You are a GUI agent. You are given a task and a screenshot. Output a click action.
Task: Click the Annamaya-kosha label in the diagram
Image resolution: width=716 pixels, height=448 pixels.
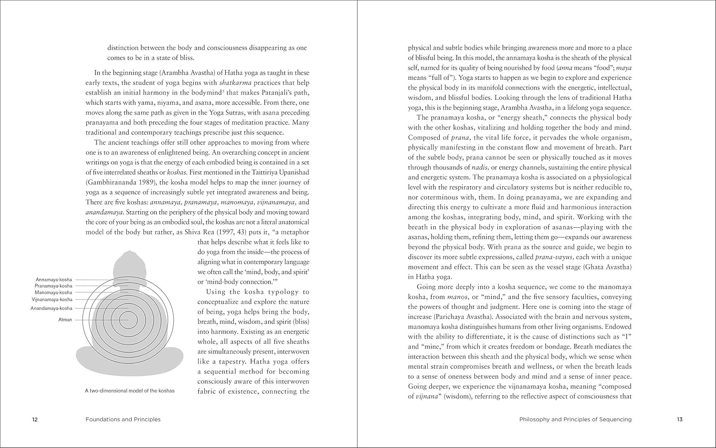(54, 279)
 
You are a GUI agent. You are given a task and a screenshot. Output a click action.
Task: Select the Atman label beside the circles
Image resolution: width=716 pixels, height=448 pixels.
(65, 320)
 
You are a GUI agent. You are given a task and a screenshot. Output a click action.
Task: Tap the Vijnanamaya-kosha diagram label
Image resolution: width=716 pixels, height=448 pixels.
(52, 299)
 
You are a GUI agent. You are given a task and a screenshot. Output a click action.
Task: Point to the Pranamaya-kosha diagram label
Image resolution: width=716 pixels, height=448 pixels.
(53, 286)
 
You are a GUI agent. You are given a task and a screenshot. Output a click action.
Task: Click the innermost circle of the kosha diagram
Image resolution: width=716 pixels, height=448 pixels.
(128, 320)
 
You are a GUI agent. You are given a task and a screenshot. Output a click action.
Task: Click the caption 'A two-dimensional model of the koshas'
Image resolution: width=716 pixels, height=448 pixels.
(130, 391)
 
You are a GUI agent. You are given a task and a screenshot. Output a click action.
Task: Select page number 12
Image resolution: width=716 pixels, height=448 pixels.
(35, 420)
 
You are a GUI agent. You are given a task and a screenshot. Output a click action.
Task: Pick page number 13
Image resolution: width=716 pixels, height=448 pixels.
(680, 420)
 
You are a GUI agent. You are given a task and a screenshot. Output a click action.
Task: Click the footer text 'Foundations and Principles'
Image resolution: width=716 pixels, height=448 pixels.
(123, 420)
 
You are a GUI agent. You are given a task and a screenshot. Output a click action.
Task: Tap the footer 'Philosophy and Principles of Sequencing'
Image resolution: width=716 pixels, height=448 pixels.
(575, 420)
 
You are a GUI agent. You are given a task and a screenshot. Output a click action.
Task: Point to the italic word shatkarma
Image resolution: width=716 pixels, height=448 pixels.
(235, 83)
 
